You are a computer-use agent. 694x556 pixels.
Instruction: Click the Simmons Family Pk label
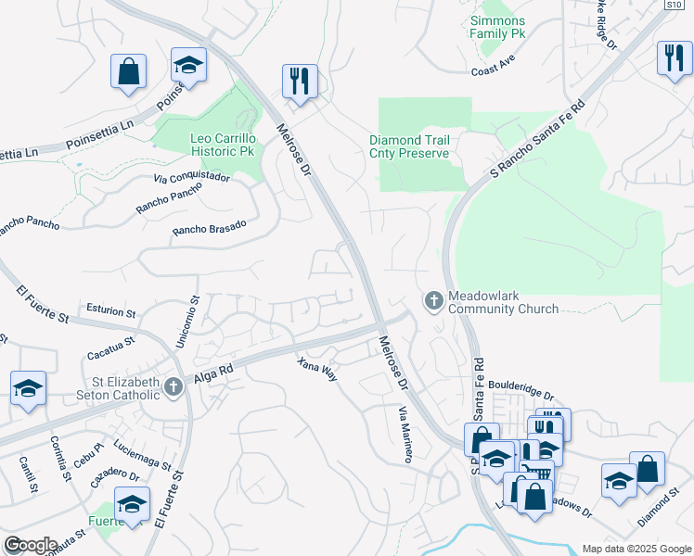point(497,27)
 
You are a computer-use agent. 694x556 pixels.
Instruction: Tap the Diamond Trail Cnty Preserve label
point(409,146)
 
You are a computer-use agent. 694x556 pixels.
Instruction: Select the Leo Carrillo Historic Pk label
point(221,145)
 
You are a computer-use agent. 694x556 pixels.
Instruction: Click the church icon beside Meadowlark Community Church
point(432,300)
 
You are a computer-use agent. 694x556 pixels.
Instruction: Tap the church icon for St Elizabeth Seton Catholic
point(172,387)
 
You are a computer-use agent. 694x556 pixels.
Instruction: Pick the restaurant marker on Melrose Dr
point(300,82)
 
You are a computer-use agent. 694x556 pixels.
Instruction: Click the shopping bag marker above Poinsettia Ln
point(128,71)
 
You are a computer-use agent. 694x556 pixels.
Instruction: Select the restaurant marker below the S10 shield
point(673,58)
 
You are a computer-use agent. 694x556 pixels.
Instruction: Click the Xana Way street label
point(317,369)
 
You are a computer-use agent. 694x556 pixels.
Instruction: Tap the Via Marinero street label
point(405,434)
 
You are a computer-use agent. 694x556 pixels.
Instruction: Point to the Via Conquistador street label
point(191,177)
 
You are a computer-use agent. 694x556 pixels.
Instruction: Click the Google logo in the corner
point(30,545)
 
